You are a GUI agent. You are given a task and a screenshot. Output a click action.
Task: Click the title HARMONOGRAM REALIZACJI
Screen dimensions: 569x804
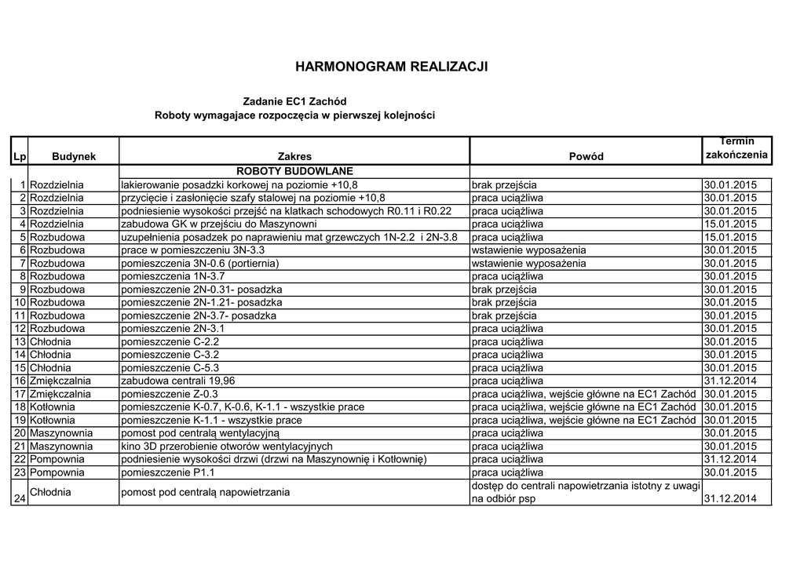391,67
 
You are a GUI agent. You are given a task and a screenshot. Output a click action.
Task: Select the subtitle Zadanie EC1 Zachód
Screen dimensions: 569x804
294,101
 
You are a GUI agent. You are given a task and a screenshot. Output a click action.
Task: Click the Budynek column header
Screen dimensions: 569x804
74,156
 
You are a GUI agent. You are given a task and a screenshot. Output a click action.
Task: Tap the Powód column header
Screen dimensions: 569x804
586,156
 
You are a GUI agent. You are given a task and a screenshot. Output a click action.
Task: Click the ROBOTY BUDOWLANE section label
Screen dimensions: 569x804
294,171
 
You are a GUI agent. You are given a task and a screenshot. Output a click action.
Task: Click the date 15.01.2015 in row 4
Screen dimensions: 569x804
730,224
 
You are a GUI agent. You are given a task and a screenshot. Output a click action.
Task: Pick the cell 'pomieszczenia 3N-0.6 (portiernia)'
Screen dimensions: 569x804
200,263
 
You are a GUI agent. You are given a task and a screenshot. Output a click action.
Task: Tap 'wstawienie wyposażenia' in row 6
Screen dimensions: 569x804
528,250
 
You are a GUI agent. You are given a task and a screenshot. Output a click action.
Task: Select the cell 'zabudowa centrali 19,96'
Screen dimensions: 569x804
177,381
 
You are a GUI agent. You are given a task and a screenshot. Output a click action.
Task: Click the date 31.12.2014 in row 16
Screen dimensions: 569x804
730,381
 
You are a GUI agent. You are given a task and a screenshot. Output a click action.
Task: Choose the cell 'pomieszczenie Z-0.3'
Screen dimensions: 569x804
169,394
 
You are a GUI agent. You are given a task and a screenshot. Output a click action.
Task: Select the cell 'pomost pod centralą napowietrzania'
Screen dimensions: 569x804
205,492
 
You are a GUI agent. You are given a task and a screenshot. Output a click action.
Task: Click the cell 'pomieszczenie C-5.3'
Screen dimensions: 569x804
170,367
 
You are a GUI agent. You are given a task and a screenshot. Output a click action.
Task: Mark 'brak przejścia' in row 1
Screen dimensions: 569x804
504,184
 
